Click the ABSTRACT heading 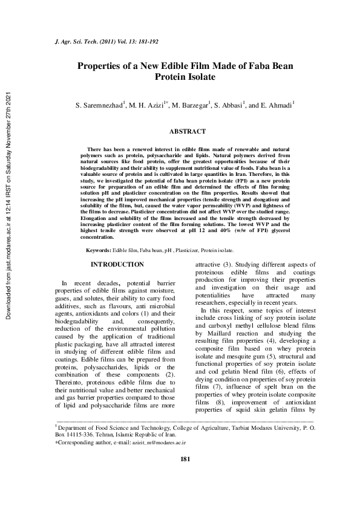(187, 131)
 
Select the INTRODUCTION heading (117, 265)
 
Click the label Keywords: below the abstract (99, 250)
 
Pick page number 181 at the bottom (186, 476)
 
